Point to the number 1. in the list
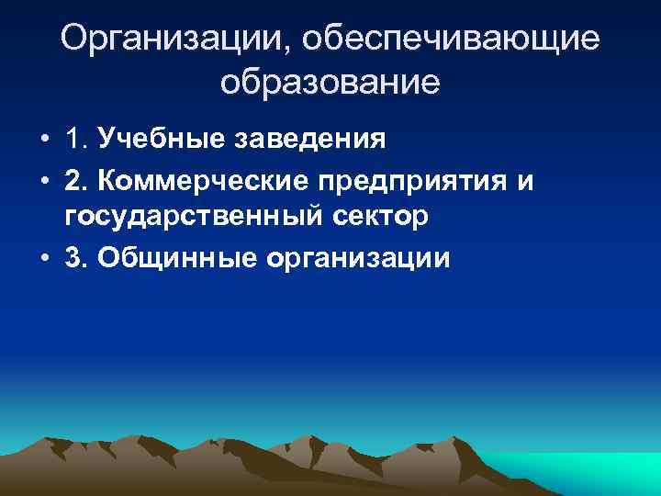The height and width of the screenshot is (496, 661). pos(76,141)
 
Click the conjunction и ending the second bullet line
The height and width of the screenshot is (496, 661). pos(524,182)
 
